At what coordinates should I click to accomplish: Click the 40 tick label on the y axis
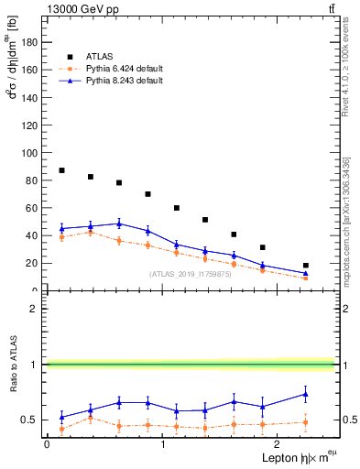[x=34, y=235]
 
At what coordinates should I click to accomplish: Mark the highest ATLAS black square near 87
[x=61, y=170]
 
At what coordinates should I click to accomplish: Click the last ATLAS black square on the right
[x=306, y=266]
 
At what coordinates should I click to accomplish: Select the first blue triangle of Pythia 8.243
[x=61, y=228]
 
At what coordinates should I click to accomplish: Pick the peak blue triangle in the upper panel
[x=119, y=224]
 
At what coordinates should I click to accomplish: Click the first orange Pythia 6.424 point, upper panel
[x=61, y=237]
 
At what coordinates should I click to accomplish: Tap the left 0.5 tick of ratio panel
[x=33, y=420]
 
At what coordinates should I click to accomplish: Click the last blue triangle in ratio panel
[x=306, y=395]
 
